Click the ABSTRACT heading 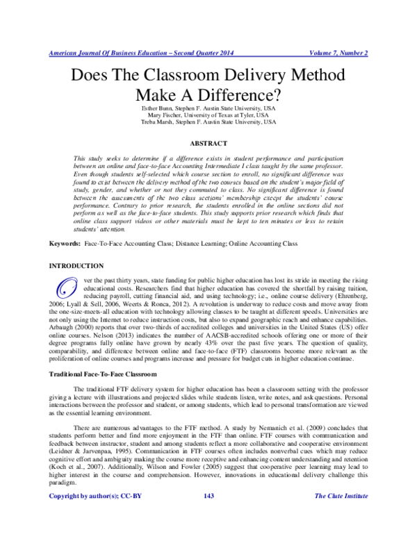pos(208,143)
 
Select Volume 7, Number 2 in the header pos(338,53)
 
